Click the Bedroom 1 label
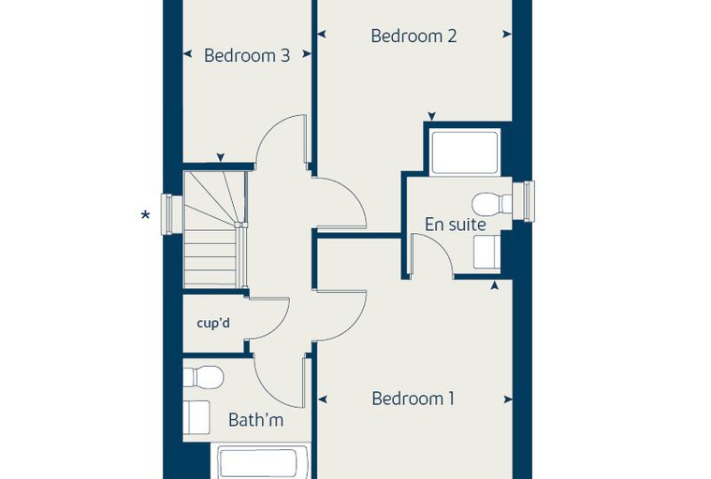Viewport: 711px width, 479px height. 413,399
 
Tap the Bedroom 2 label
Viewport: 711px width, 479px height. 414,36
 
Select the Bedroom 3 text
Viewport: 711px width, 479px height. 247,55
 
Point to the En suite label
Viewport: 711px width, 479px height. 456,225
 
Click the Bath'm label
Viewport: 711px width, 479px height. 255,419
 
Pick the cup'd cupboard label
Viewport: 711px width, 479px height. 213,323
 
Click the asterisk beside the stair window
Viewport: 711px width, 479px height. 145,215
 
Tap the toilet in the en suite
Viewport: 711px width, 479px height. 492,204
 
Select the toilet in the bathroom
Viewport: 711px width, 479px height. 204,377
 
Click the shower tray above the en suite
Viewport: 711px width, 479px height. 465,152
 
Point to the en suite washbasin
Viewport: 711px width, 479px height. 487,253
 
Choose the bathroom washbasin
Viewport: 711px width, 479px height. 196,417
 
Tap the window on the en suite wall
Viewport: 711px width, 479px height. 524,201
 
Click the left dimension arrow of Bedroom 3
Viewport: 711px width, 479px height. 187,54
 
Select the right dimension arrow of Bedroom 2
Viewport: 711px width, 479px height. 507,34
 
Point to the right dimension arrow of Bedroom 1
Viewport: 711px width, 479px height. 508,399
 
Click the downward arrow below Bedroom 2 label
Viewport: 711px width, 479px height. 432,116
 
